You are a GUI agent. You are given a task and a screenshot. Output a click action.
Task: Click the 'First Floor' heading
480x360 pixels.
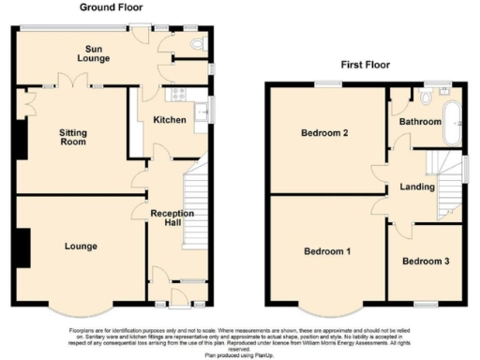pyautogui.click(x=366, y=66)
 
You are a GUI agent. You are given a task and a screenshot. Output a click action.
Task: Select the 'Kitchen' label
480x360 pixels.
pyautogui.click(x=171, y=120)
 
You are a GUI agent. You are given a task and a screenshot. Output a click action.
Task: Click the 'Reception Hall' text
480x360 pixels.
pyautogui.click(x=172, y=219)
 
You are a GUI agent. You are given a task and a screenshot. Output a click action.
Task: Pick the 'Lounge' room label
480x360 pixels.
pyautogui.click(x=82, y=247)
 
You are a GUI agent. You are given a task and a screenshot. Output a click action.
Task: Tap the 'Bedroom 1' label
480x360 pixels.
pyautogui.click(x=327, y=251)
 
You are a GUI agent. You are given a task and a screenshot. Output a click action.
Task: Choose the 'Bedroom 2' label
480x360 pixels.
pyautogui.click(x=325, y=133)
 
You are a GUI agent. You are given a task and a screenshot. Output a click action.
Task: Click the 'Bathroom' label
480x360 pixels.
pyautogui.click(x=420, y=122)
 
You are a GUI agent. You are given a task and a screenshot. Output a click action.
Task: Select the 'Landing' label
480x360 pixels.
pyautogui.click(x=416, y=187)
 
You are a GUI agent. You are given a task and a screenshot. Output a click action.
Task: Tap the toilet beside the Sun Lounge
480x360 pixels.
pyautogui.click(x=197, y=43)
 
